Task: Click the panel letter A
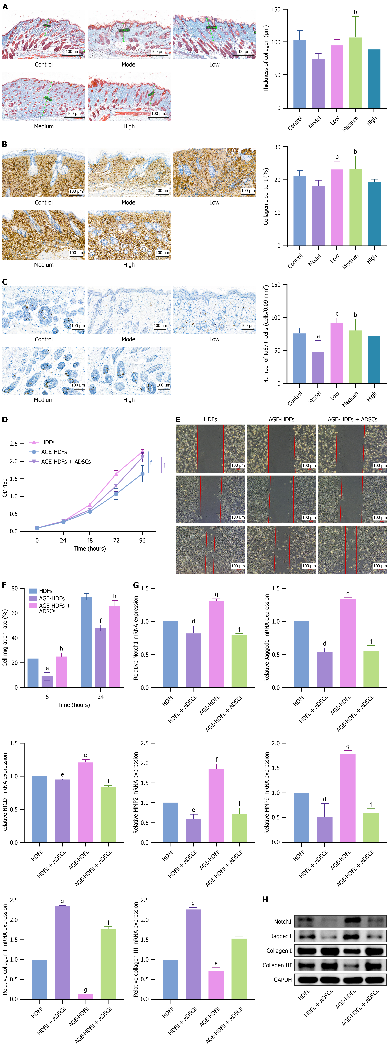click(x=5, y=7)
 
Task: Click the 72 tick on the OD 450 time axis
click(x=116, y=540)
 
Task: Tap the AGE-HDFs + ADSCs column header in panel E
click(x=352, y=419)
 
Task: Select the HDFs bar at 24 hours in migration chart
click(x=86, y=642)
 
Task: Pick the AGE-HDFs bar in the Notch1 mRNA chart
click(x=216, y=644)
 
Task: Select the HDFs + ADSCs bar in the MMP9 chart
click(x=324, y=829)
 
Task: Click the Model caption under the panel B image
click(x=129, y=202)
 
